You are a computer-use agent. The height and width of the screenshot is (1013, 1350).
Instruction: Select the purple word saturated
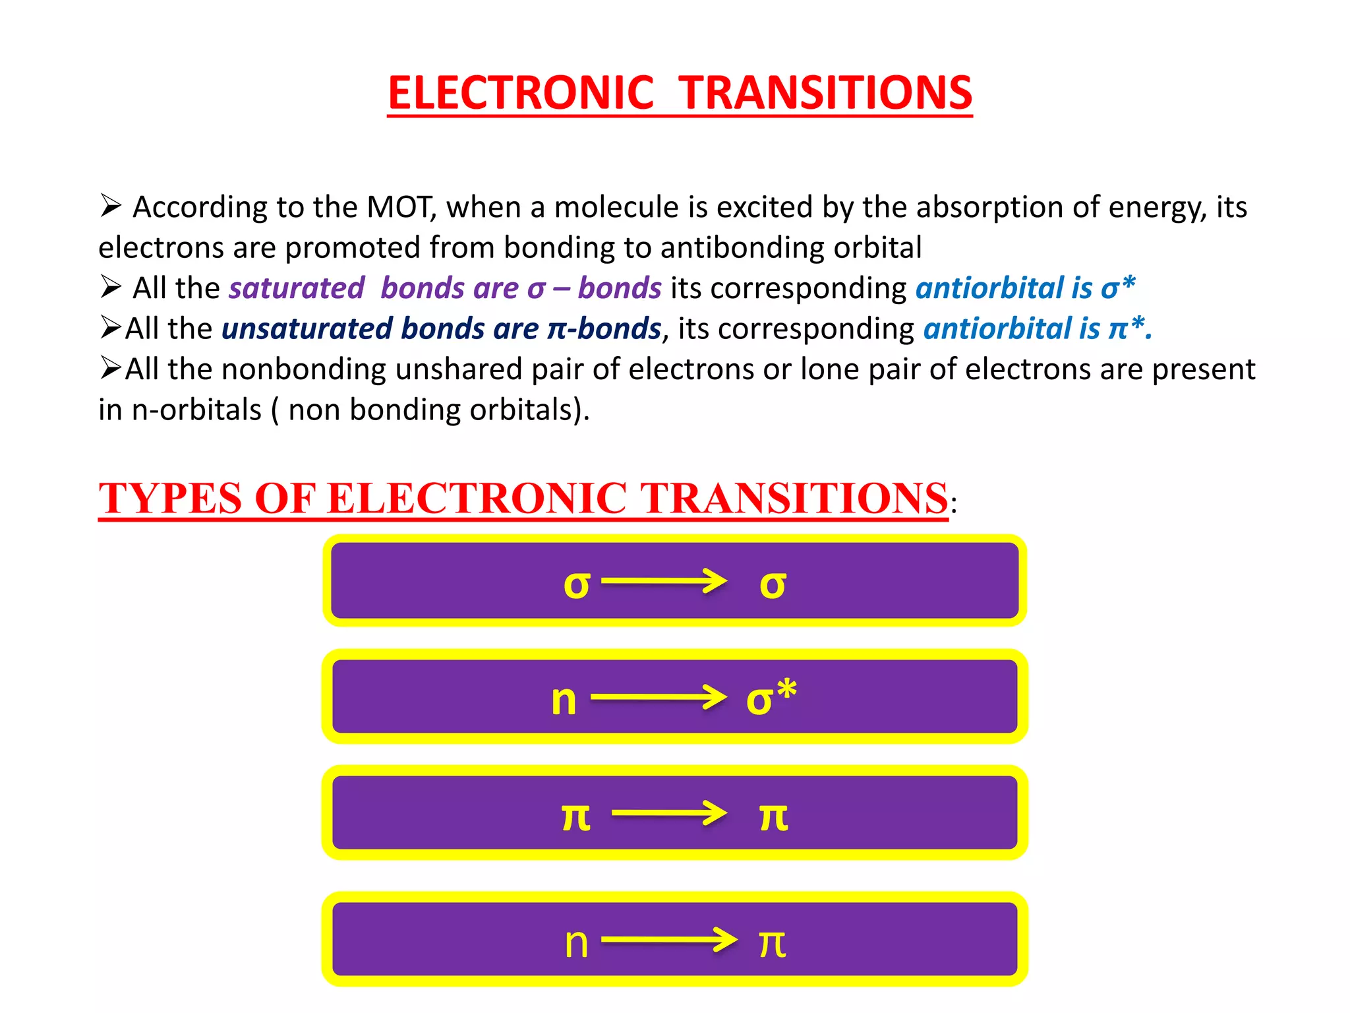[x=297, y=288]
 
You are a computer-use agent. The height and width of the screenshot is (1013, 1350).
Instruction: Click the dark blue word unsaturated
[x=307, y=328]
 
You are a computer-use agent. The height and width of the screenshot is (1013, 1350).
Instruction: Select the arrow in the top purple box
[x=663, y=582]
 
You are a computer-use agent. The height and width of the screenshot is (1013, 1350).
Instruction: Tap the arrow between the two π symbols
[x=668, y=813]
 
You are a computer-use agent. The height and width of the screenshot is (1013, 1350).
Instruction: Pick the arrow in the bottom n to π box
[x=668, y=940]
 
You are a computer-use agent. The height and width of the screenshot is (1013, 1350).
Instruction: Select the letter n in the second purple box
[x=564, y=700]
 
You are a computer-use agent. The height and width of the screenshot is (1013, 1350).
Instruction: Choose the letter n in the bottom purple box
[x=576, y=943]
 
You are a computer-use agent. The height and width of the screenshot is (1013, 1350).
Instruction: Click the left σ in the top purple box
[x=576, y=584]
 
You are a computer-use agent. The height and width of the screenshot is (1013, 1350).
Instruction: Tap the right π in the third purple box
[x=773, y=817]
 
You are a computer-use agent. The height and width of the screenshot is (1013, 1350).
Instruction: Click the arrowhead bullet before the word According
[x=110, y=206]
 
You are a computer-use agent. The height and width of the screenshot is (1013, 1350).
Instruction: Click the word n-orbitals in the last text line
[x=196, y=410]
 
